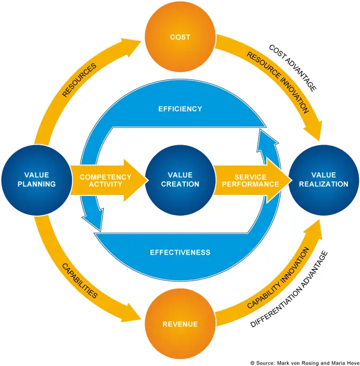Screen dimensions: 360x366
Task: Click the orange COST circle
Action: (x=180, y=37)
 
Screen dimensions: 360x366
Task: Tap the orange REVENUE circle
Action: (x=180, y=324)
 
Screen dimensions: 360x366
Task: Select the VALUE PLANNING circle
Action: (x=37, y=180)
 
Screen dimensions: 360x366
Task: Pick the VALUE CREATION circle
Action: (x=180, y=180)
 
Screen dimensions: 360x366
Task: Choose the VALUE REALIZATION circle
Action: (x=323, y=180)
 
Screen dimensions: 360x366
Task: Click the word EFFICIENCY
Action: (x=180, y=109)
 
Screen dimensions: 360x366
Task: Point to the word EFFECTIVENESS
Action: (x=180, y=252)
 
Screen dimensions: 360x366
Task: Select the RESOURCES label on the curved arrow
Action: (x=79, y=80)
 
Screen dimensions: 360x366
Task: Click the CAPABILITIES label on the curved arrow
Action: (x=79, y=281)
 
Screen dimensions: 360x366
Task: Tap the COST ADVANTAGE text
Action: (x=293, y=68)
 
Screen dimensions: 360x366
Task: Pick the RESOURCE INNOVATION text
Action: (x=278, y=83)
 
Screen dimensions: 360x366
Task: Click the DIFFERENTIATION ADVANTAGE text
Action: (x=289, y=289)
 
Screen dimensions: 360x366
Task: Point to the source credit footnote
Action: (x=305, y=363)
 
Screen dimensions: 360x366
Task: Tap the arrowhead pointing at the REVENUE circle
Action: (x=131, y=313)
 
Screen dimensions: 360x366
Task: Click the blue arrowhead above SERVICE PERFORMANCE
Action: (x=267, y=141)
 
